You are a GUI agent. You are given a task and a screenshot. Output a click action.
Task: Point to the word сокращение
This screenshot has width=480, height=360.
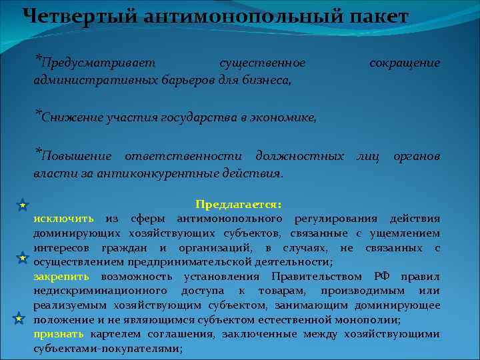(405, 63)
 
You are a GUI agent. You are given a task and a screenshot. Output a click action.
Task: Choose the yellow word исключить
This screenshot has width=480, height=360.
(63, 219)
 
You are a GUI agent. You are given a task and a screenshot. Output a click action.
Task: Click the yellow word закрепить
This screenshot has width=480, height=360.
(63, 277)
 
